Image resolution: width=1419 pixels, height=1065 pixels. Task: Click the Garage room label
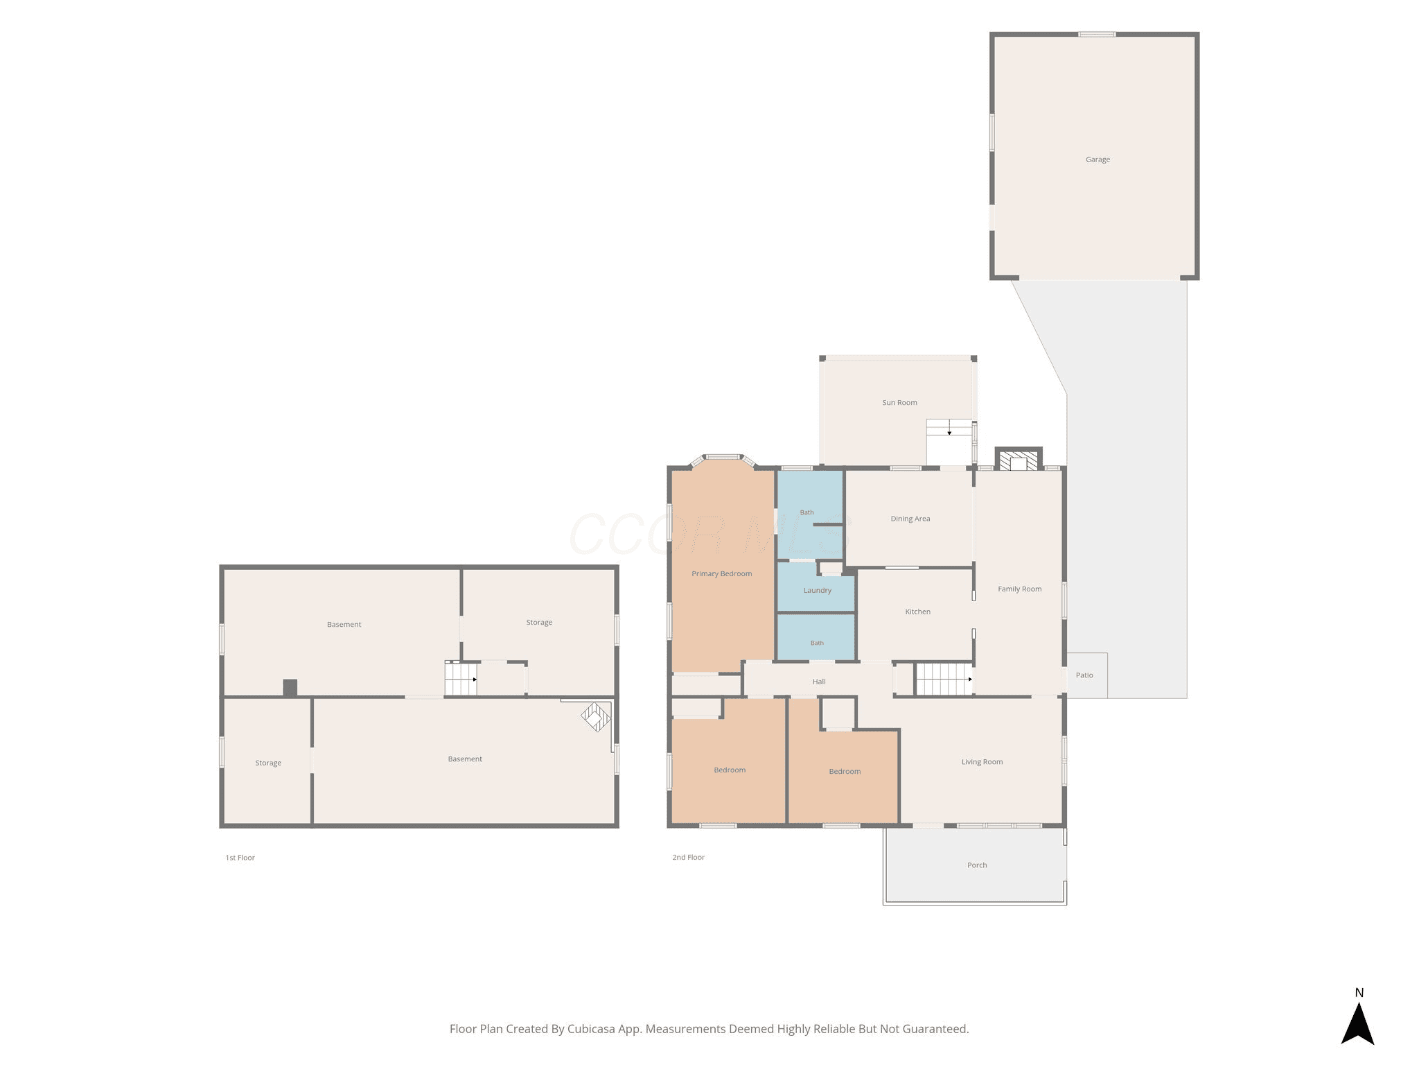(x=1098, y=159)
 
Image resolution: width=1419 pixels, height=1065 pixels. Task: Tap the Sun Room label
(x=899, y=403)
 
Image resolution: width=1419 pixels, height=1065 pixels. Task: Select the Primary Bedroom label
(x=721, y=574)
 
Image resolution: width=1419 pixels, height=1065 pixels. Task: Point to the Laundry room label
(x=818, y=591)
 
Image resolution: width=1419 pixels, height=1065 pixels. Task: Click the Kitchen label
(x=917, y=612)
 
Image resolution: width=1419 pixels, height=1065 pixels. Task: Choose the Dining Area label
(x=910, y=519)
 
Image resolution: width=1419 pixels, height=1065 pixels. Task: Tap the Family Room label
(x=1019, y=589)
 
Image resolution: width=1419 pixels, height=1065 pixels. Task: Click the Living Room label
(x=982, y=762)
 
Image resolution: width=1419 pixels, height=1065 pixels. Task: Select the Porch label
(x=977, y=865)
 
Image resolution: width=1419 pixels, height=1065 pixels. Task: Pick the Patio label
(x=1084, y=675)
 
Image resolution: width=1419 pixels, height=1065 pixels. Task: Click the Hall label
(x=819, y=682)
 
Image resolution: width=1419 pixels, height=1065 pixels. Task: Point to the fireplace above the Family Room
(x=1019, y=460)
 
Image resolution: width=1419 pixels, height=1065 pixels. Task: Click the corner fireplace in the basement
(x=596, y=717)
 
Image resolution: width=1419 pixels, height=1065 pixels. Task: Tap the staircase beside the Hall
(x=944, y=679)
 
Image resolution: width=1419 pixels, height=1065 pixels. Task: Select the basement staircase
(x=461, y=679)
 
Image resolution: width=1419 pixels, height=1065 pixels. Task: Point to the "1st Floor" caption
(x=240, y=858)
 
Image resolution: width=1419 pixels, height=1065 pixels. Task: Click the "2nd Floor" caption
(x=688, y=858)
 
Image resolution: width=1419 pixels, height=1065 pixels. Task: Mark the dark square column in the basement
(x=290, y=688)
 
